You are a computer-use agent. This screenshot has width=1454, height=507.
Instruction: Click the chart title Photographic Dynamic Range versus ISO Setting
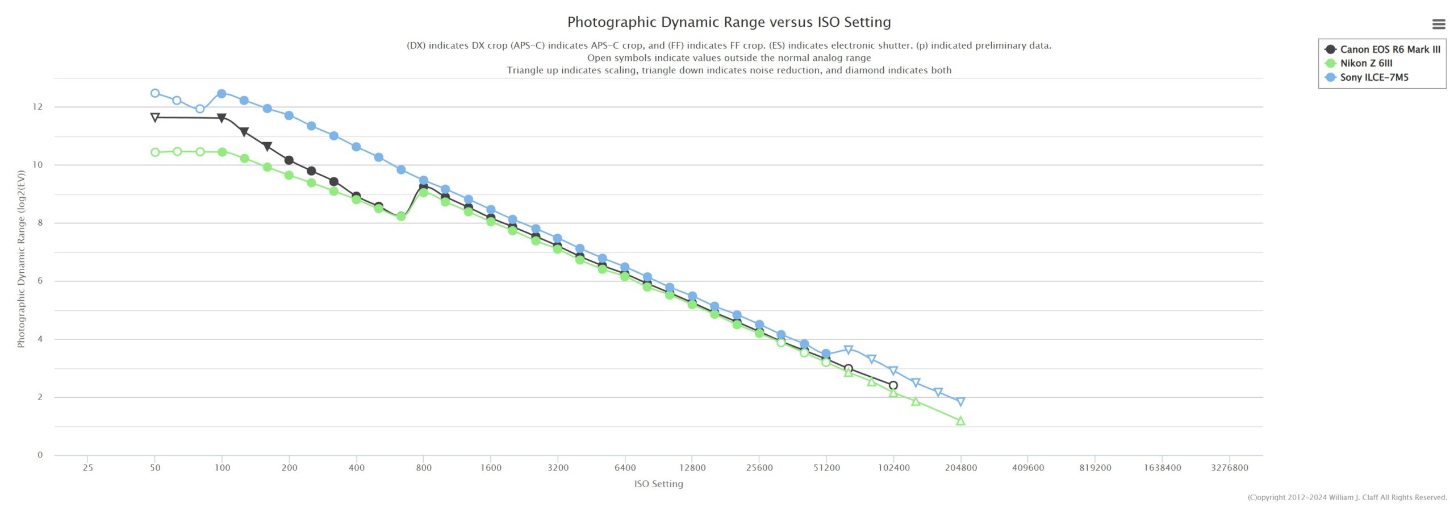click(729, 22)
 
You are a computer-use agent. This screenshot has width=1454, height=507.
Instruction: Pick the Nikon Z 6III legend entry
click(1365, 63)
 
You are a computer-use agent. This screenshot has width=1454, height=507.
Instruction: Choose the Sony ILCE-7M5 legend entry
click(1373, 77)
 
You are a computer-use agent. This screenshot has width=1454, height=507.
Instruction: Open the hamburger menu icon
click(1439, 24)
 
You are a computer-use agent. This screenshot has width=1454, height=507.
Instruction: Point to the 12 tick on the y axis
click(37, 107)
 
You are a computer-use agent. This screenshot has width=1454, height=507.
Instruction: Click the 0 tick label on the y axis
click(40, 455)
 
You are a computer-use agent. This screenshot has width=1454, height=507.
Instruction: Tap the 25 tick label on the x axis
click(87, 468)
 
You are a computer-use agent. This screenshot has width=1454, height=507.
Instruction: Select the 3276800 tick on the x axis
click(1230, 468)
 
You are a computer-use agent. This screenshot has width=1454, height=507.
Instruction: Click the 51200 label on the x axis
click(826, 468)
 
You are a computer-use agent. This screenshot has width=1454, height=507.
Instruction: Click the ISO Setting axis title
click(658, 484)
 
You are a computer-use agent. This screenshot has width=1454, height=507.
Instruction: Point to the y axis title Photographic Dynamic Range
click(21, 259)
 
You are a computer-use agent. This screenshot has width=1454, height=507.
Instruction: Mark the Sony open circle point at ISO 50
click(155, 93)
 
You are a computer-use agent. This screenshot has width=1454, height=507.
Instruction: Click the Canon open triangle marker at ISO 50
click(155, 118)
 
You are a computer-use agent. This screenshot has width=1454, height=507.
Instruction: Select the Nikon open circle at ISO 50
click(155, 152)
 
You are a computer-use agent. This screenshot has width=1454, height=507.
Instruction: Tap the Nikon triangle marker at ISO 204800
click(960, 421)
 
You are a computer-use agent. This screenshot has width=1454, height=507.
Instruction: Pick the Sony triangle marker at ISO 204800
click(960, 402)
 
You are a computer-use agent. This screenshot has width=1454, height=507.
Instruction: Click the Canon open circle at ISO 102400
click(893, 385)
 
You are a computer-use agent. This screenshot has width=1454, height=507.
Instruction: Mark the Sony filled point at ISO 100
click(222, 94)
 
